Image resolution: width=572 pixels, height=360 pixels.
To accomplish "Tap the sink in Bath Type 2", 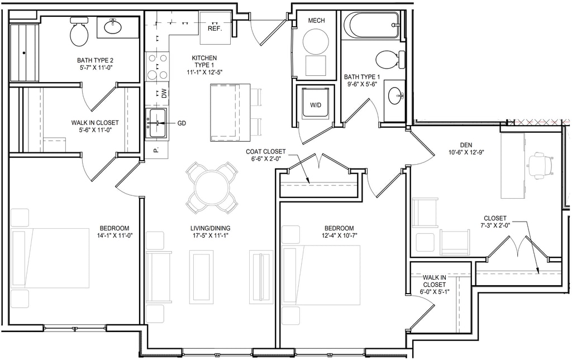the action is click(x=113, y=26).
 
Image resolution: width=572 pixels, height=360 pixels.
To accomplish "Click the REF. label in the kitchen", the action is click(x=215, y=28).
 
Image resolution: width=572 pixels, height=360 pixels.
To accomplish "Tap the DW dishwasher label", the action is click(x=164, y=94).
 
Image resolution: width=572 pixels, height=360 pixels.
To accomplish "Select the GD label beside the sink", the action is click(x=182, y=123).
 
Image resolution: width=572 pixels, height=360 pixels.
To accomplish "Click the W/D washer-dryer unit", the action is click(x=316, y=103).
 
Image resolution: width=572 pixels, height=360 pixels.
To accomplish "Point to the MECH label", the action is click(x=316, y=21).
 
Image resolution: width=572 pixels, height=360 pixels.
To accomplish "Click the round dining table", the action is click(x=212, y=188).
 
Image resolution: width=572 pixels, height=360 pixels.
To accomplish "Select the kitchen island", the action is click(x=230, y=112).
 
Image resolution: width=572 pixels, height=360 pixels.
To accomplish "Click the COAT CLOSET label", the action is click(x=265, y=152).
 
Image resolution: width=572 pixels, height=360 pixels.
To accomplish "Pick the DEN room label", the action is click(x=466, y=145).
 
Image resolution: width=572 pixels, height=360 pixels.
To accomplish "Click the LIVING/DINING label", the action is click(x=211, y=228).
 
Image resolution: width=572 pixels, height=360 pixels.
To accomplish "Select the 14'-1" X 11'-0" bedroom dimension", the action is click(x=115, y=236).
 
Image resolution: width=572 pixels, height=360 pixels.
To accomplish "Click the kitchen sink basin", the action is click(x=156, y=123).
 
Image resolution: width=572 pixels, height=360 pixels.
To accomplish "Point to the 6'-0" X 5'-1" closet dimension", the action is click(x=435, y=291).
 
